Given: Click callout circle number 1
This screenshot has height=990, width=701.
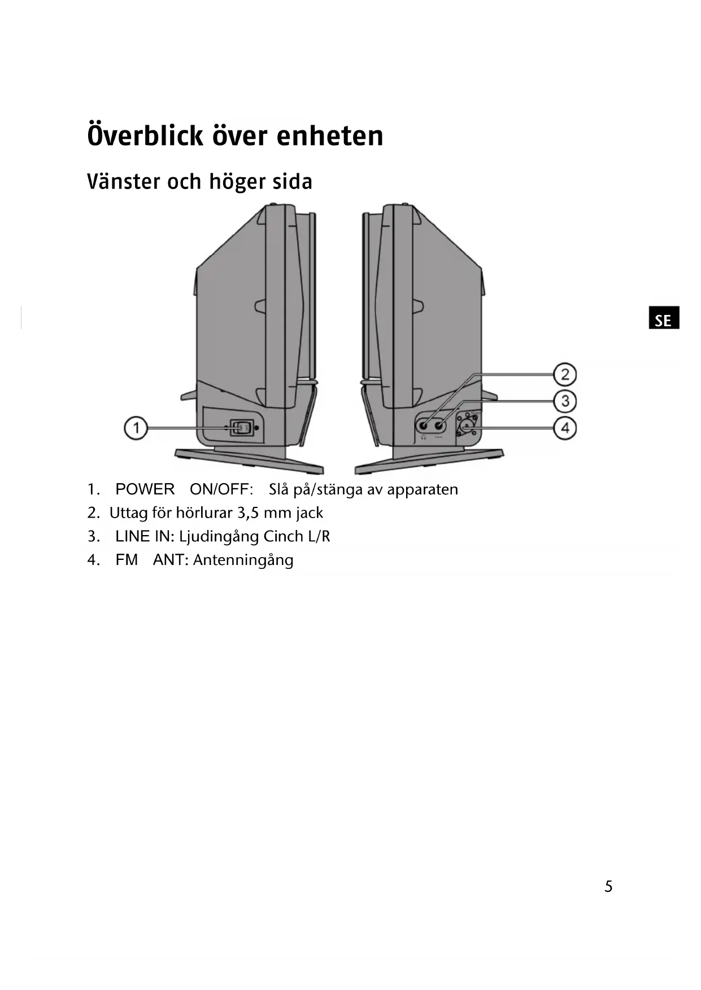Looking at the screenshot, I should [136, 428].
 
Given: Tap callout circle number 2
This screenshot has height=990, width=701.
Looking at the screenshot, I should [564, 375].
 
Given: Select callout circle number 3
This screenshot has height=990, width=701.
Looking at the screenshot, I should [564, 401].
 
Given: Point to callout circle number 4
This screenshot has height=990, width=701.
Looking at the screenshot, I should [564, 428].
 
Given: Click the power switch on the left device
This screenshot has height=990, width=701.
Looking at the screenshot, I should [242, 428].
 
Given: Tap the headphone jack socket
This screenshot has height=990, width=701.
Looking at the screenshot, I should [424, 425].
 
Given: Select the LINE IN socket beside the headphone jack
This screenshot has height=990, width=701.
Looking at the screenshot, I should [439, 425].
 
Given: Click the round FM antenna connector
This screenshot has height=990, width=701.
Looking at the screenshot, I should [467, 426].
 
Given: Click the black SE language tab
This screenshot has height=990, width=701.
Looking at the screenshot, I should [663, 318].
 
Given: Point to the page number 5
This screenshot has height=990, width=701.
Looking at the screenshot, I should [608, 887].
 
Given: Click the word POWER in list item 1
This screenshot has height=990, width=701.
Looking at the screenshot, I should [145, 489].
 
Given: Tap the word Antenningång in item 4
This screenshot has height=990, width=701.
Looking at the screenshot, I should [243, 560].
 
